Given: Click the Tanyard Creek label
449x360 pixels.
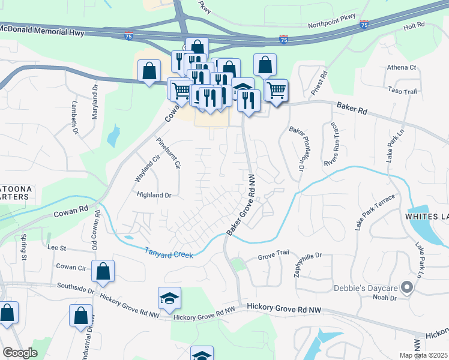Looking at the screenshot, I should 169,253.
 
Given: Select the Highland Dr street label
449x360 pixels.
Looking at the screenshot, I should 154,195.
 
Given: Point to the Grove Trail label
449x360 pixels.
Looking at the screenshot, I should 274,256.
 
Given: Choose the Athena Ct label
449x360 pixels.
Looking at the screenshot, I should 402,67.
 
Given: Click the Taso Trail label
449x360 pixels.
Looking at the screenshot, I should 402,91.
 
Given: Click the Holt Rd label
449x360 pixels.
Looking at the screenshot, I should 414,26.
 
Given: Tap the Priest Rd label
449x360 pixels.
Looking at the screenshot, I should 319,83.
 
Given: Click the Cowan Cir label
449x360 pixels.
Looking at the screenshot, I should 71,266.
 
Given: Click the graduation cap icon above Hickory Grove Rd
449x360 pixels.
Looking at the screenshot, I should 170,298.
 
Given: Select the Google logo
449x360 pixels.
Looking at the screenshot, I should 20,353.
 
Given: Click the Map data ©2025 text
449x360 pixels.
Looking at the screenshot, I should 423,355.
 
